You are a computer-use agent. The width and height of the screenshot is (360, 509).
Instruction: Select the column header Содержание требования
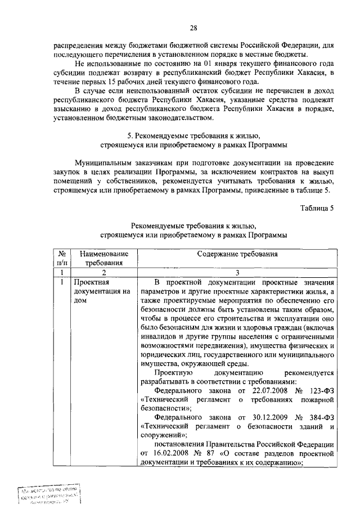237,254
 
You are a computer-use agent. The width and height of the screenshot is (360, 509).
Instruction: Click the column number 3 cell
237,272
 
